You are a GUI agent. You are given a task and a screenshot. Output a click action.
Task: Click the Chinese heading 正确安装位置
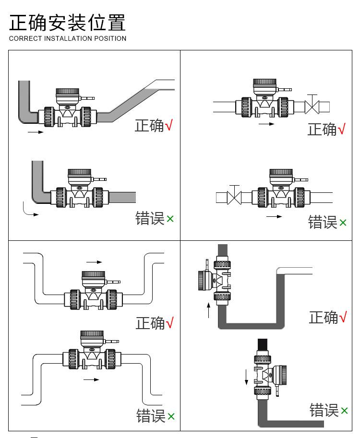[x=68, y=23]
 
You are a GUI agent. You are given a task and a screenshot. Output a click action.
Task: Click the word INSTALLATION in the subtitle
[x=68, y=38]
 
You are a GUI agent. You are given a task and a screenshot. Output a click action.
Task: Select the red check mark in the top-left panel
[x=168, y=126]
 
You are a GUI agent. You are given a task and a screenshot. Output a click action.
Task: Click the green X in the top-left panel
[x=170, y=219]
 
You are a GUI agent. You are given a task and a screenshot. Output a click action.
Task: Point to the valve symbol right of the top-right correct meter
[x=312, y=106]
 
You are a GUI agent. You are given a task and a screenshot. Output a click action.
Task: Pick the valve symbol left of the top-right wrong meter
[x=234, y=196]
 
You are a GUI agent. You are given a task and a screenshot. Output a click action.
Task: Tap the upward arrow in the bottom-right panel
[x=209, y=310]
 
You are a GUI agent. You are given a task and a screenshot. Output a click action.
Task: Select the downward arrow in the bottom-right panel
[x=247, y=376]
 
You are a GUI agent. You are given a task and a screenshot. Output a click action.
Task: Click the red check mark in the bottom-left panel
[x=169, y=323]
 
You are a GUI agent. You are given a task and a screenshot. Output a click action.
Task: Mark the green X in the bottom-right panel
[x=344, y=411]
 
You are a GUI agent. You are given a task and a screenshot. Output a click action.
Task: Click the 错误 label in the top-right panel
[x=322, y=222]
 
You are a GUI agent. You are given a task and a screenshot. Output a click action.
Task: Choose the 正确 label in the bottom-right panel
[x=323, y=317]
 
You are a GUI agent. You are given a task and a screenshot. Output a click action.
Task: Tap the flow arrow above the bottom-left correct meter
[x=94, y=262]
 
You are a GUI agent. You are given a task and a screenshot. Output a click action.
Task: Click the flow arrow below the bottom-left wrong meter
[x=91, y=379]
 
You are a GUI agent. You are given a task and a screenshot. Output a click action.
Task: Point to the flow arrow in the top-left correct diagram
[x=36, y=131]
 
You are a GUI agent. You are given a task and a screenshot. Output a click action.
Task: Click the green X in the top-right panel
[x=343, y=223]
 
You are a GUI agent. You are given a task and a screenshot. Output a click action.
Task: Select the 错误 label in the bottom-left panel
[x=151, y=416]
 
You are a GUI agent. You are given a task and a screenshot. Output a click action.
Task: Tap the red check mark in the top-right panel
[x=342, y=129]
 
